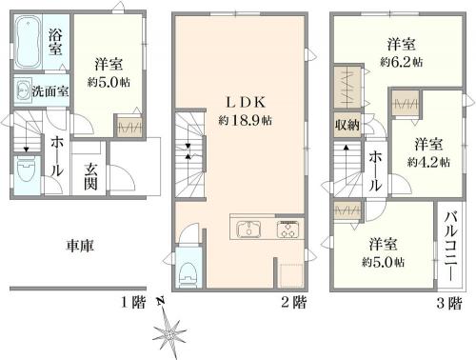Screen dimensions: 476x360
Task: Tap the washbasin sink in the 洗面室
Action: click(x=23, y=90)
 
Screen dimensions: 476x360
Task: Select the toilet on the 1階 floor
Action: click(x=27, y=174)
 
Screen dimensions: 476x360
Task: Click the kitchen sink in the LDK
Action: click(x=248, y=229)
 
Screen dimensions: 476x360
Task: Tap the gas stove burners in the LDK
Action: click(x=288, y=230)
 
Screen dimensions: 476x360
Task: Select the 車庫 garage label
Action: click(x=80, y=246)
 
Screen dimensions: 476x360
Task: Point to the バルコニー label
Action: click(x=450, y=247)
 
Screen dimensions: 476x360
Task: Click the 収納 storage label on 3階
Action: click(x=347, y=125)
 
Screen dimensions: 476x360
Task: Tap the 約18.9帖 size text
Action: click(x=245, y=120)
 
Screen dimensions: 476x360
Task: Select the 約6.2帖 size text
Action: click(x=401, y=61)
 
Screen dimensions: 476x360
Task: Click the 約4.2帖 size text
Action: click(x=428, y=162)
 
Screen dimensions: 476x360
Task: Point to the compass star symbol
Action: click(x=169, y=334)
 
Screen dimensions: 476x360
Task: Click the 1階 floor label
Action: click(x=133, y=302)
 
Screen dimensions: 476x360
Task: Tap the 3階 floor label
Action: click(x=449, y=303)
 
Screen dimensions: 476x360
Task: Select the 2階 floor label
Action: click(x=294, y=302)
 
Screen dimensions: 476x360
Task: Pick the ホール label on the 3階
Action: click(x=375, y=170)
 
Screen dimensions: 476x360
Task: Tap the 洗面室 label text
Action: click(x=50, y=91)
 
